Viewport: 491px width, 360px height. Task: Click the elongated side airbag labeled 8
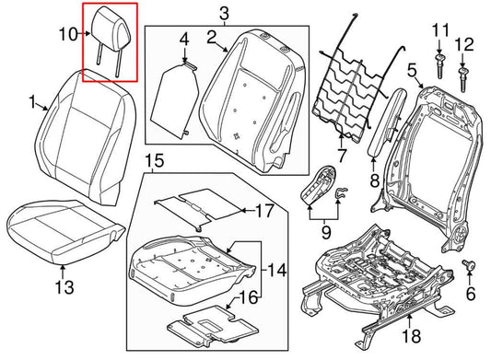pyautogui.click(x=380, y=125)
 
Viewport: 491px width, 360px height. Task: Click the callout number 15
pyautogui.click(x=154, y=161)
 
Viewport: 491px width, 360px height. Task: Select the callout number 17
pyautogui.click(x=264, y=211)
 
